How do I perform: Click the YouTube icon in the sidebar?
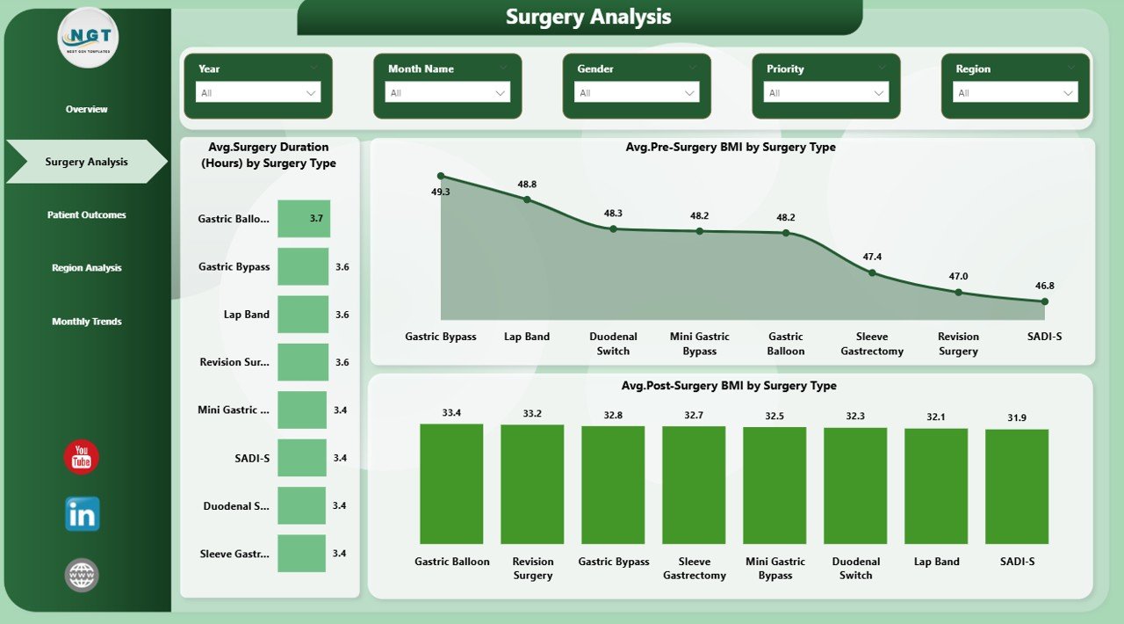[x=82, y=457]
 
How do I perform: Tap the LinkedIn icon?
[x=83, y=514]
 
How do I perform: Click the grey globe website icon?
[x=82, y=576]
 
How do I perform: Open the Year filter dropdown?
[x=258, y=92]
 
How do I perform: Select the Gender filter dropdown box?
[x=637, y=92]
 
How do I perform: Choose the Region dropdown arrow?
[x=1069, y=92]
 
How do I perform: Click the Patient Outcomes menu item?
[x=87, y=215]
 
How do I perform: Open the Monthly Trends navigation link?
[x=87, y=322]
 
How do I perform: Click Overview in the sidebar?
[x=87, y=109]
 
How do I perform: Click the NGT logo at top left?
[x=88, y=37]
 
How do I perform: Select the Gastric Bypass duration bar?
[x=303, y=266]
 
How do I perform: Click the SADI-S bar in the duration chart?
[x=302, y=458]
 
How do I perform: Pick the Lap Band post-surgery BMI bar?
[x=936, y=486]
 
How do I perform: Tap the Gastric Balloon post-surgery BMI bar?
[x=451, y=483]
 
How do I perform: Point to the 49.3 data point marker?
[x=441, y=176]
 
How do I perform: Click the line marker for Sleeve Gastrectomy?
[x=872, y=272]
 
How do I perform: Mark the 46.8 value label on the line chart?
[x=1045, y=286]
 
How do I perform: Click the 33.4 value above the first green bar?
[x=451, y=413]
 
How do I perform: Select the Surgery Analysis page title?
[x=588, y=17]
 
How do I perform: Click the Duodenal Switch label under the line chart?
[x=613, y=344]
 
